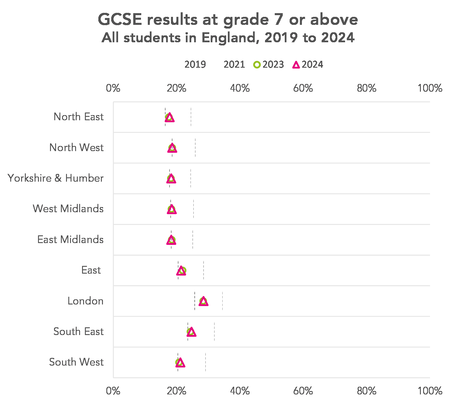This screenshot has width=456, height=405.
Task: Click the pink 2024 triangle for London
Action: pos(203,301)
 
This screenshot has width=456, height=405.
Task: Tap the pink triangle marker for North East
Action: pos(170,117)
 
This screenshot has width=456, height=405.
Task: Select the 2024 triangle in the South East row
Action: pos(191,332)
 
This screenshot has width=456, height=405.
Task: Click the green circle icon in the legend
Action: pos(257,65)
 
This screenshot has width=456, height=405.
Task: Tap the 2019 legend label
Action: pos(195,65)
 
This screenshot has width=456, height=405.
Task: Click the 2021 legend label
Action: pos(234,65)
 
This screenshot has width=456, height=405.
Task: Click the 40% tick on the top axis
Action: pos(240,88)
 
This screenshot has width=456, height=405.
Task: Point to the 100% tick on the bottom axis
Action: pos(430,391)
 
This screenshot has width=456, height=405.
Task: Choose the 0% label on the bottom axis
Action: pos(113,391)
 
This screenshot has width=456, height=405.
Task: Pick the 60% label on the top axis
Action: pos(303,88)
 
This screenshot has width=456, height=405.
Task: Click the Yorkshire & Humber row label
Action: pos(55,178)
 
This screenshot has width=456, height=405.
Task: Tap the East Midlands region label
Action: pos(70,239)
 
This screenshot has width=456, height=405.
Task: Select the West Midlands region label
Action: pos(68,209)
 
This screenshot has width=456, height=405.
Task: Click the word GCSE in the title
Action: pos(120,19)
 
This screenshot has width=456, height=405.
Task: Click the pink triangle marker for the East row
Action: pos(181,271)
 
